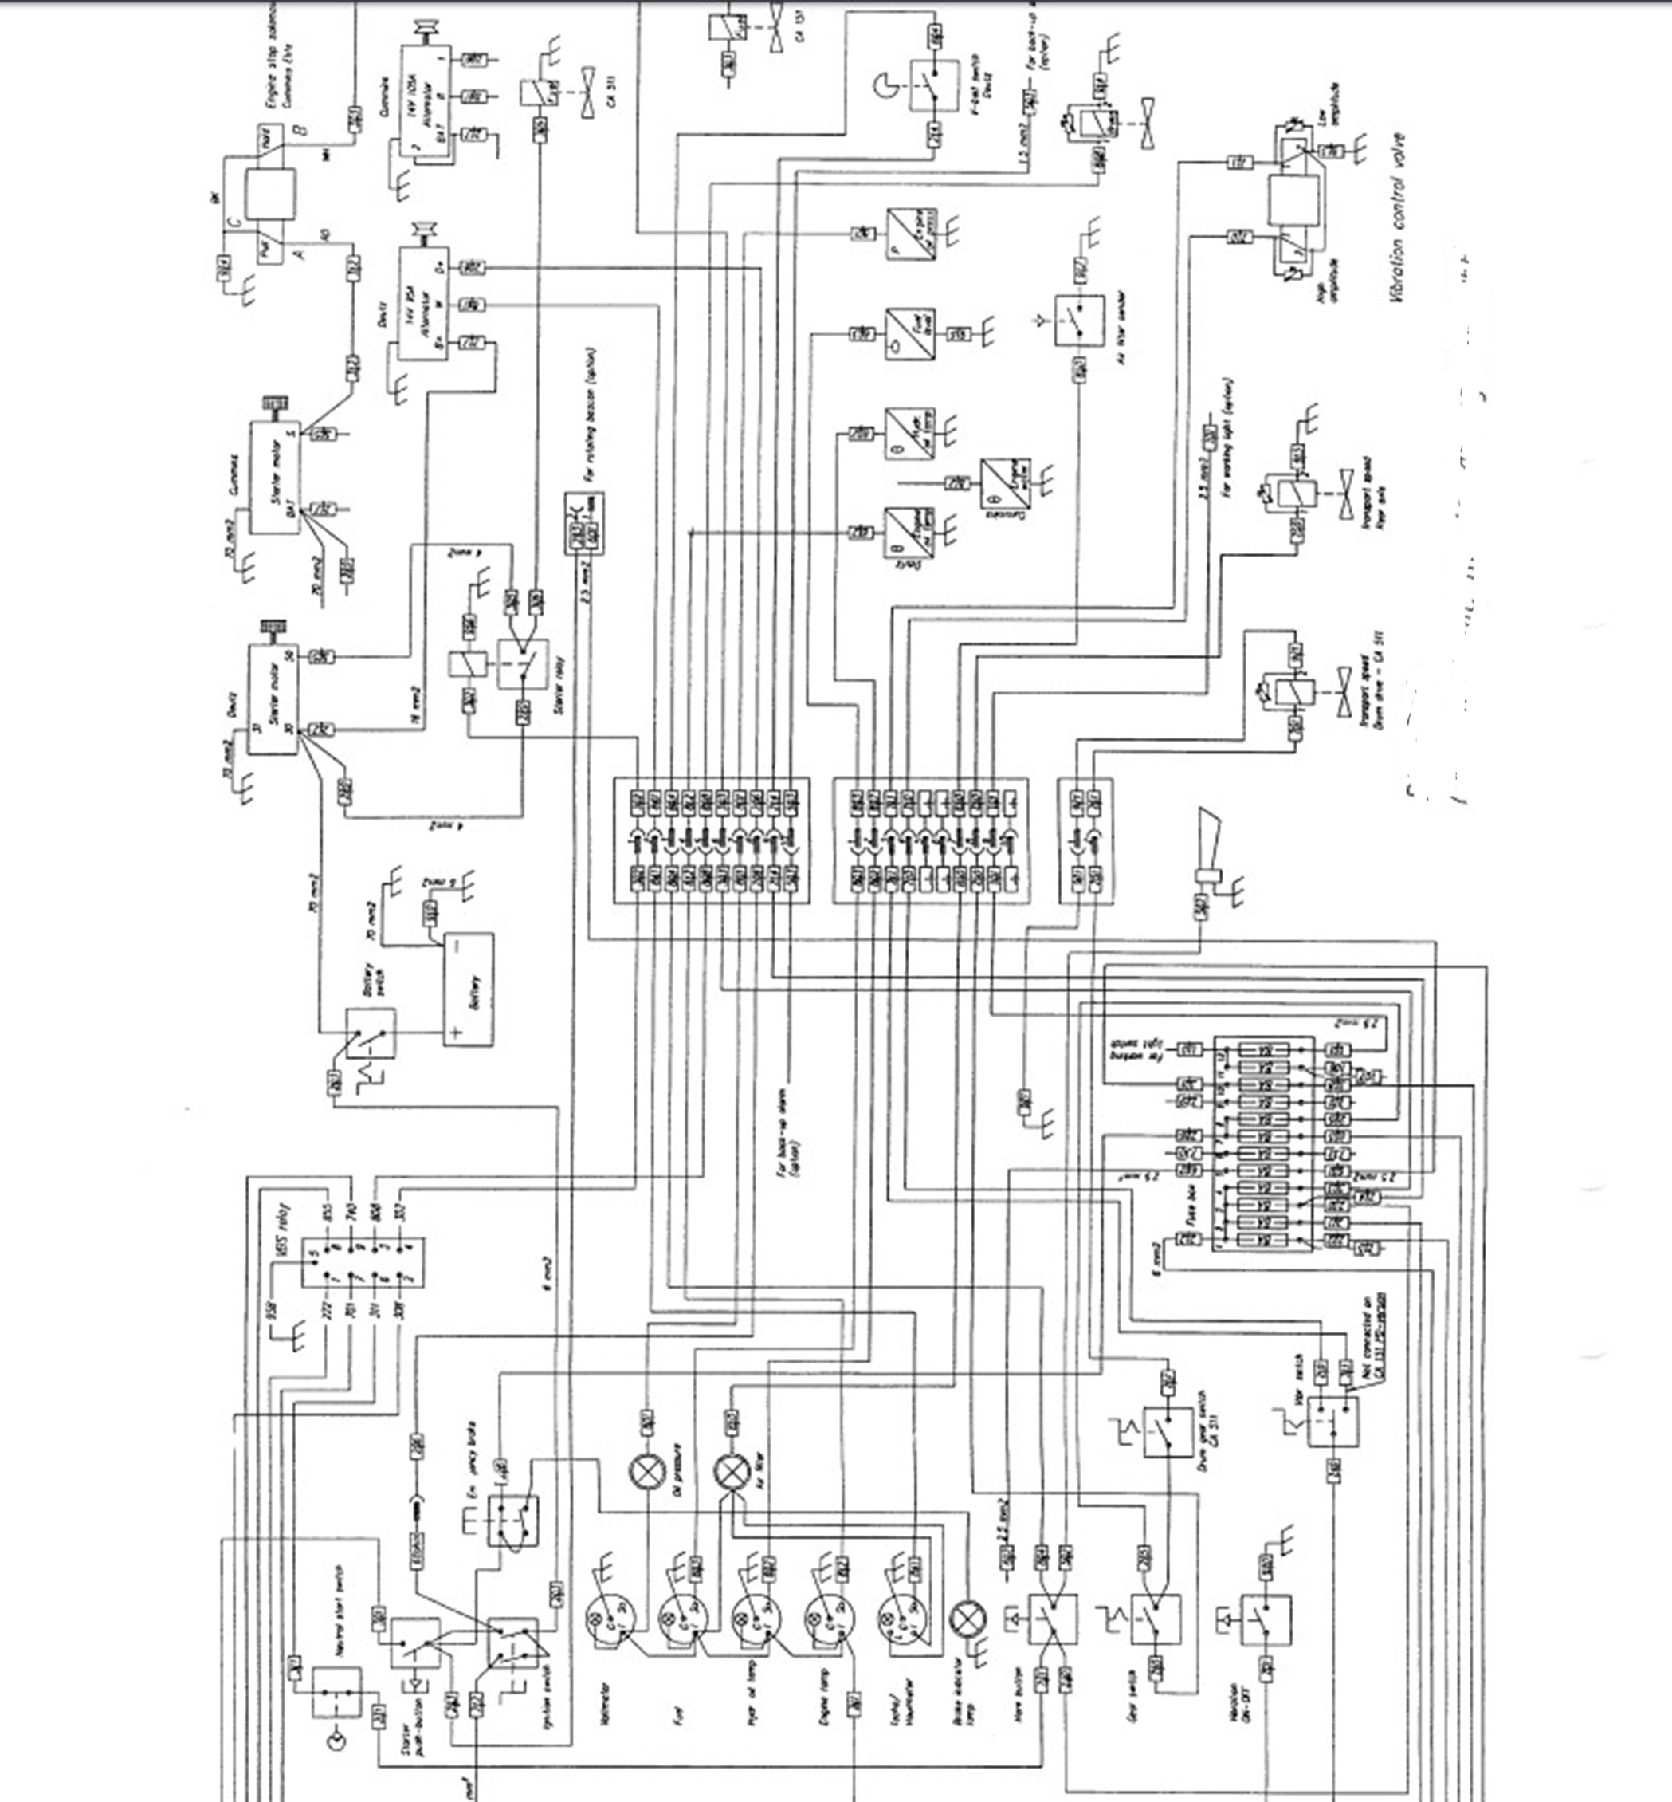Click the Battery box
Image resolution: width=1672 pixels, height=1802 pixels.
(x=469, y=990)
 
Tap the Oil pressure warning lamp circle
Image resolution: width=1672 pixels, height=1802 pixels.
(x=647, y=1473)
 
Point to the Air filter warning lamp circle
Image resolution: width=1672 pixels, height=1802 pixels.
(x=731, y=1473)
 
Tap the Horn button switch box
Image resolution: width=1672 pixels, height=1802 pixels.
(x=1052, y=1619)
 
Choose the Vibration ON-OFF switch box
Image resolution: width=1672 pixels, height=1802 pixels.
(x=1265, y=1619)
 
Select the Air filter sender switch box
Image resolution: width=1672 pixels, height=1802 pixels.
(x=1078, y=321)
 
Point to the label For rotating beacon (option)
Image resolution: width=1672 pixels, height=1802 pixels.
(x=590, y=414)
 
